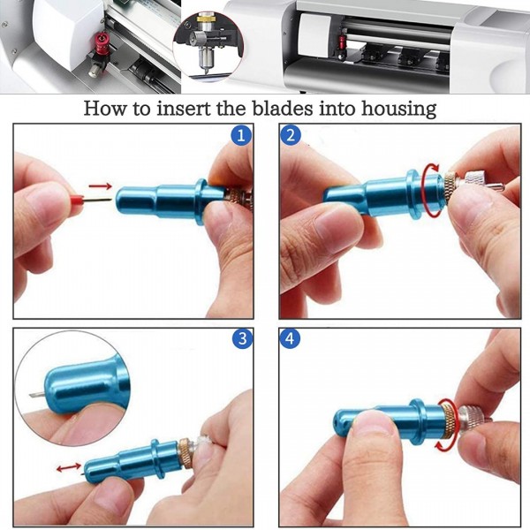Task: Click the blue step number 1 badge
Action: click(x=240, y=136)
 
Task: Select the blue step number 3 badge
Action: click(x=240, y=339)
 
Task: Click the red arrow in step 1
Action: click(x=102, y=186)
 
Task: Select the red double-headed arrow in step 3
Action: click(x=69, y=466)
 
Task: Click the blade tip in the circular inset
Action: click(x=34, y=394)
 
